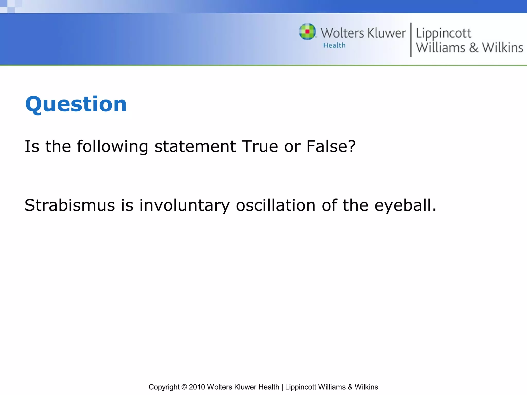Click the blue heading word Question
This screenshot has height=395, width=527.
click(76, 104)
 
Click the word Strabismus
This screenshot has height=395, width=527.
click(69, 205)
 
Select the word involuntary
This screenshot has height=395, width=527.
click(184, 205)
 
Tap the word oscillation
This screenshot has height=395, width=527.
click(276, 205)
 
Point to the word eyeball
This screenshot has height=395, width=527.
click(405, 205)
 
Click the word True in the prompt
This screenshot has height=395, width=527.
click(260, 146)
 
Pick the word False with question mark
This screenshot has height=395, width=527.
click(331, 146)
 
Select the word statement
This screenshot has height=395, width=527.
click(195, 146)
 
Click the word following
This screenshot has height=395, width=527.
click(112, 147)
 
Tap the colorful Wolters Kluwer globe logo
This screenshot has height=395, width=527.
click(307, 32)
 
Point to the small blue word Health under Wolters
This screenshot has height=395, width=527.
click(334, 45)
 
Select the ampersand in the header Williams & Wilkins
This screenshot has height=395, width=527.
click(473, 48)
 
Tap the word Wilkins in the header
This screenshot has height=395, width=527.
click(502, 48)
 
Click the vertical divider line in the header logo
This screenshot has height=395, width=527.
click(411, 40)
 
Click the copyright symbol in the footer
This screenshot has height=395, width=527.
click(184, 387)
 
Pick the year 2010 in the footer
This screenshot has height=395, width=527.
click(197, 387)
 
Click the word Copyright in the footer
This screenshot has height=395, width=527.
click(164, 387)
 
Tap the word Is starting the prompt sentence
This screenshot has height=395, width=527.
click(32, 146)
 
